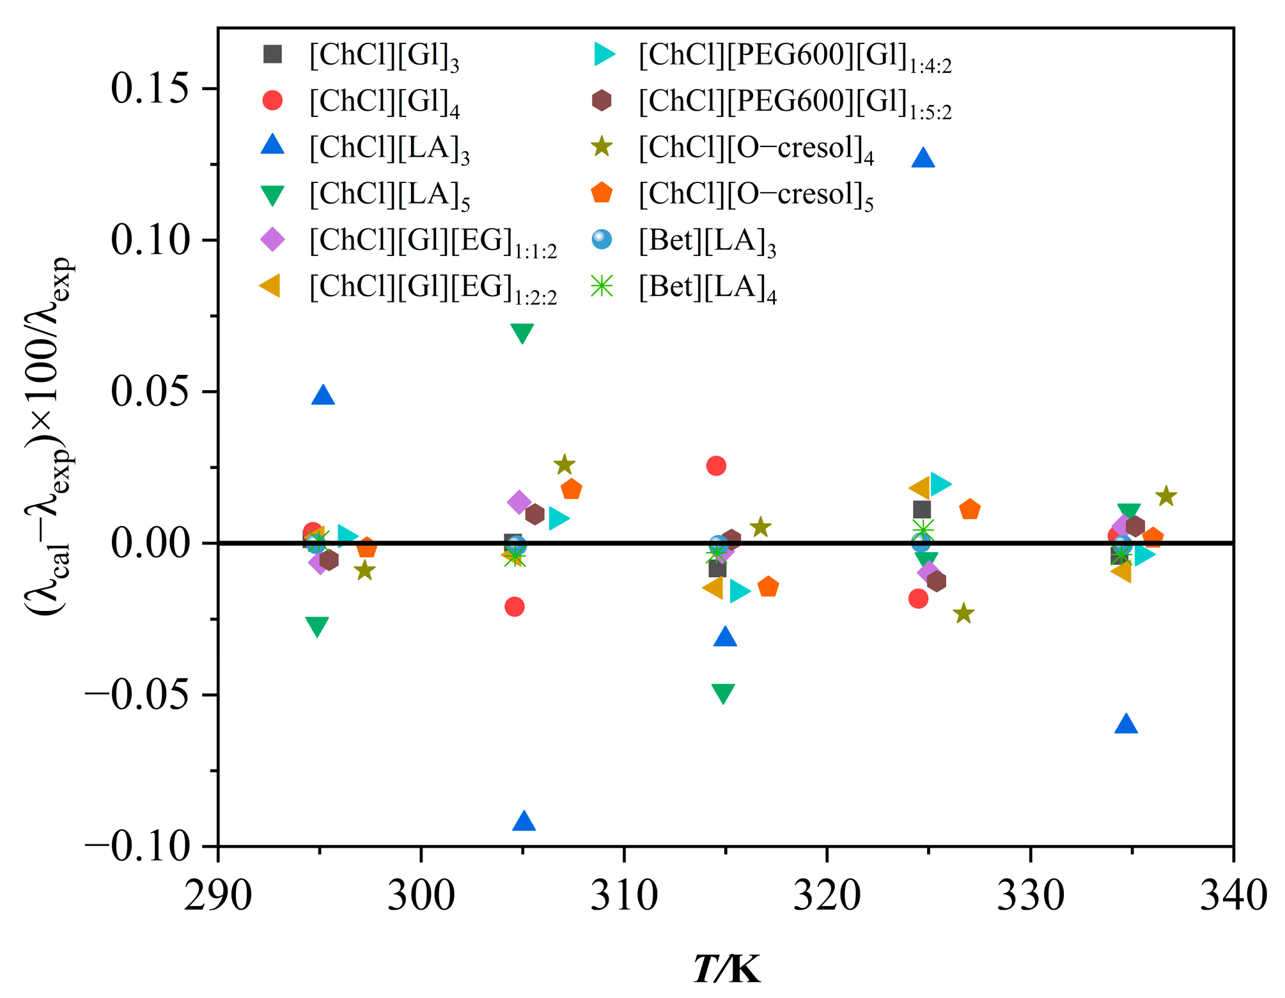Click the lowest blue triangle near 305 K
point(524,821)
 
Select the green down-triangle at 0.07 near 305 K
point(522,333)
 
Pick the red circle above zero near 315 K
point(716,466)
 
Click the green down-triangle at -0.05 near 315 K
point(722,693)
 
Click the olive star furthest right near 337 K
point(1166,496)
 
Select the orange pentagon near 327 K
point(970,510)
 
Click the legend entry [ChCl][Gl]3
point(384,56)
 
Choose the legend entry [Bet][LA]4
point(706,287)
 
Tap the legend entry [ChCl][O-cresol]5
point(754,194)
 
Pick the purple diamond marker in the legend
point(272,240)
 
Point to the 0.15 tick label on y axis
point(150,88)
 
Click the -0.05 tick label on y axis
point(137,695)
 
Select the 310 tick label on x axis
point(623,896)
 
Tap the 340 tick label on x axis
point(1233,896)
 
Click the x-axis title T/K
point(727,970)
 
